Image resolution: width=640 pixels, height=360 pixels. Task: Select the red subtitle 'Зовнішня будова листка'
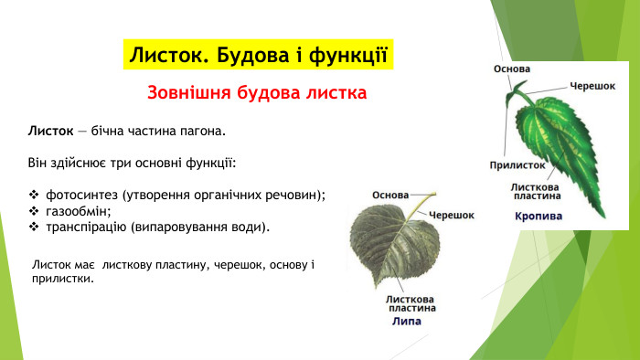pyautogui.click(x=257, y=93)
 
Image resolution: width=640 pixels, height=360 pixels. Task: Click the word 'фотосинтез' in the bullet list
pyautogui.click(x=82, y=195)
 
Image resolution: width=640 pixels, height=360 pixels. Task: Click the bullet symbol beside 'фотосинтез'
pyautogui.click(x=34, y=195)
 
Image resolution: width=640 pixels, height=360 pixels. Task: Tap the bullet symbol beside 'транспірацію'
pyautogui.click(x=34, y=226)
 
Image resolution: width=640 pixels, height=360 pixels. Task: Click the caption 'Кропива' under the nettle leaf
pyautogui.click(x=538, y=217)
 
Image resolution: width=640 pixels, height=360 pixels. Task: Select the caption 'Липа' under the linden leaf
pyautogui.click(x=407, y=322)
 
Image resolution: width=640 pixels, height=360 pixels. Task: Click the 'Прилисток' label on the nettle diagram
pyautogui.click(x=517, y=165)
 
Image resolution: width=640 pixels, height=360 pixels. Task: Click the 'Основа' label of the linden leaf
pyautogui.click(x=389, y=195)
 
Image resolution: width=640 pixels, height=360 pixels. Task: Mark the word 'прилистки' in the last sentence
pyautogui.click(x=63, y=279)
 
